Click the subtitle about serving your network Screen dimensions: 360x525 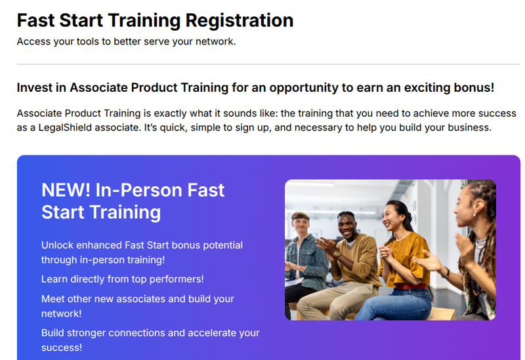(125, 41)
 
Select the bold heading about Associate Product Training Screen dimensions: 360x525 (255, 87)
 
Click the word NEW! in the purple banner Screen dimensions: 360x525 (66, 190)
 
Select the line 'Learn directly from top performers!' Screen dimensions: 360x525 (122, 279)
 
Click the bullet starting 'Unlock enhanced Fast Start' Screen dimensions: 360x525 (142, 252)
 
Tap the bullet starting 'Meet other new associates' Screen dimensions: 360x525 (137, 306)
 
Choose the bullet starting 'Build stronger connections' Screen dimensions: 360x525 (150, 340)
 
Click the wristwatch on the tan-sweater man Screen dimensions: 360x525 (337, 254)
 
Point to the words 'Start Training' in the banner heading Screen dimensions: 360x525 (101, 212)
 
